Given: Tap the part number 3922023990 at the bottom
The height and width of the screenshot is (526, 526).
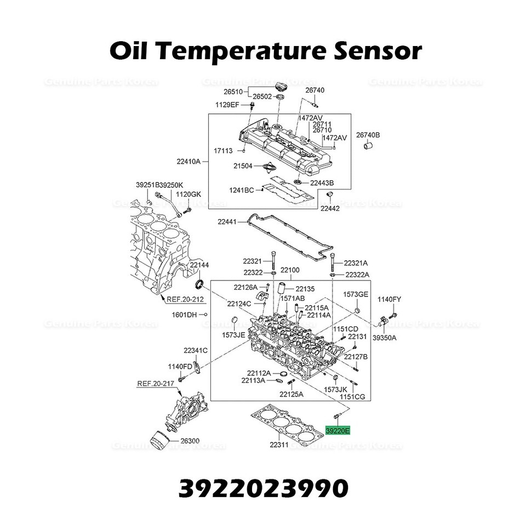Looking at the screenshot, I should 263,487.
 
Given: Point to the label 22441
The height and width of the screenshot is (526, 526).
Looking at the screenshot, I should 227,222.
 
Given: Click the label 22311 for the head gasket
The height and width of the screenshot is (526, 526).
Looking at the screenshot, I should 279,445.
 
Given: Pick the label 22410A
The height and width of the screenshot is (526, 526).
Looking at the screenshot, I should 189,161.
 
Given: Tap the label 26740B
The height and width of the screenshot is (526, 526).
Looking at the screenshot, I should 368,135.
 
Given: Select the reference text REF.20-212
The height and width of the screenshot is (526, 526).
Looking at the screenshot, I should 185,299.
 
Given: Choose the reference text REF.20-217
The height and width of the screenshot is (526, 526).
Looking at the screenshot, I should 155,384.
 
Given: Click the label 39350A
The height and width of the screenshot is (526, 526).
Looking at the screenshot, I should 385,338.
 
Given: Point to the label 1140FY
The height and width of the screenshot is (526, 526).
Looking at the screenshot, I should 389,299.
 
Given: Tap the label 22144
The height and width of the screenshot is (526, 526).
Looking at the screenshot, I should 199,265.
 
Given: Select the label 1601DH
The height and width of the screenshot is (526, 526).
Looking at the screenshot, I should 184,315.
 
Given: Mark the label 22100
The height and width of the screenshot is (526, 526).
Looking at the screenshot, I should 290,270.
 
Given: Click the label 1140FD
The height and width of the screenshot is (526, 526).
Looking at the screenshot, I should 180,366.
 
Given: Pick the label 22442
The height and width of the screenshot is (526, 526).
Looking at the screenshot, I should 330,208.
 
